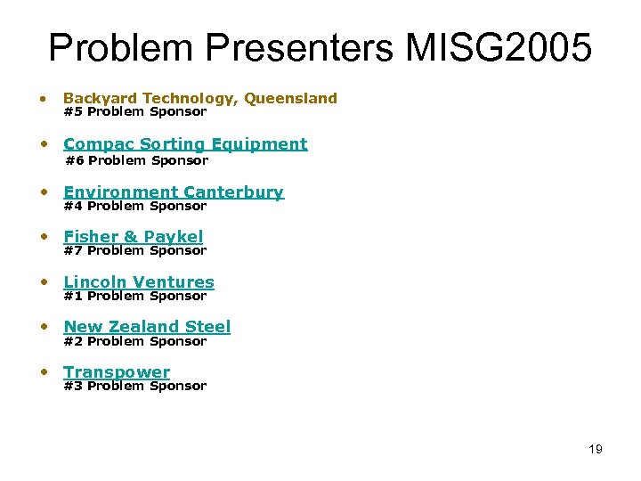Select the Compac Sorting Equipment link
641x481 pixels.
[x=185, y=144]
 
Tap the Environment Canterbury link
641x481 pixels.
[x=174, y=192]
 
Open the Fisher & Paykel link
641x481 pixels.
[x=134, y=237]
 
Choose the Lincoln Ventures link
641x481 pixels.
[x=139, y=282]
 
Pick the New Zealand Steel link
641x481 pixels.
[x=147, y=327]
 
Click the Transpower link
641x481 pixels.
[x=117, y=372]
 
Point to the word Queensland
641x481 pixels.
[x=291, y=99]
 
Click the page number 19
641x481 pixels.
[x=595, y=449]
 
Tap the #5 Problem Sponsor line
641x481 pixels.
[x=135, y=112]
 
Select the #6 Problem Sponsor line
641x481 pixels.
[x=137, y=161]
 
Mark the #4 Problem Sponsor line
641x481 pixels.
[x=135, y=207]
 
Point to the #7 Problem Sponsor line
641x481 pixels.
[x=135, y=251]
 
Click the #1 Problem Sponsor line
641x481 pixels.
[x=135, y=297]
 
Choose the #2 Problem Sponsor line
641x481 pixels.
[x=135, y=342]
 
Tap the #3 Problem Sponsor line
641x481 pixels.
[x=135, y=387]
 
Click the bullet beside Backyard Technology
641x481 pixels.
[x=42, y=99]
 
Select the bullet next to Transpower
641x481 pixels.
[x=42, y=372]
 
